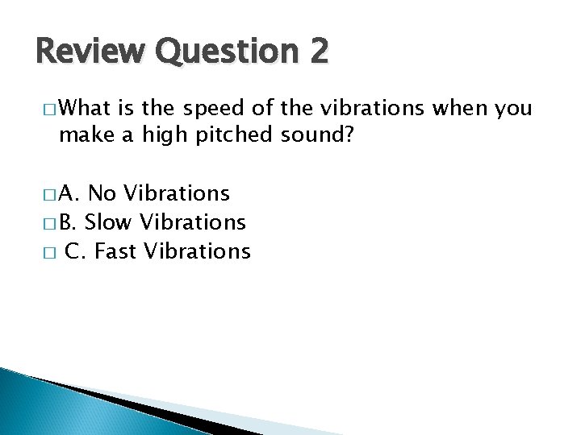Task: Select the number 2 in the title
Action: coord(316,52)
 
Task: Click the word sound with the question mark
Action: coord(319,136)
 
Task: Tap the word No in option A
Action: coord(102,194)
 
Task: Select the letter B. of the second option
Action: coord(69,222)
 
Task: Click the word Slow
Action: coord(110,222)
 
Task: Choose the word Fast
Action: coord(117,251)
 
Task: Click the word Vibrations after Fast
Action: coord(198,251)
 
